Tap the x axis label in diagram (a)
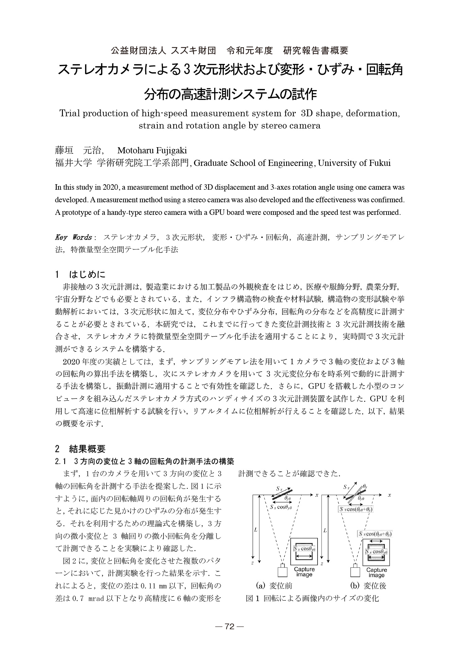pyautogui.click(x=317, y=495)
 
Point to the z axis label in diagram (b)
pyautogui.click(x=322, y=563)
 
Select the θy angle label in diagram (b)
pyautogui.click(x=365, y=487)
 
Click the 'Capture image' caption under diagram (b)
pyautogui.click(x=377, y=572)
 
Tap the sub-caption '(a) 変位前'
pyautogui.click(x=274, y=586)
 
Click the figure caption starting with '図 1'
pyautogui.click(x=312, y=598)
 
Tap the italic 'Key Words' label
pyautogui.click(x=73, y=237)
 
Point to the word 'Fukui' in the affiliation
pyautogui.click(x=380, y=163)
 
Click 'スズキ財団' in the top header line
pyautogui.click(x=193, y=51)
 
